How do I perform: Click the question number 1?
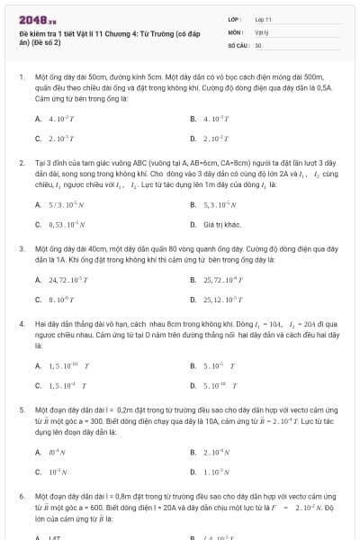pyautogui.click(x=21, y=78)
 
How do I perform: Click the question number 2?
pyautogui.click(x=21, y=162)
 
